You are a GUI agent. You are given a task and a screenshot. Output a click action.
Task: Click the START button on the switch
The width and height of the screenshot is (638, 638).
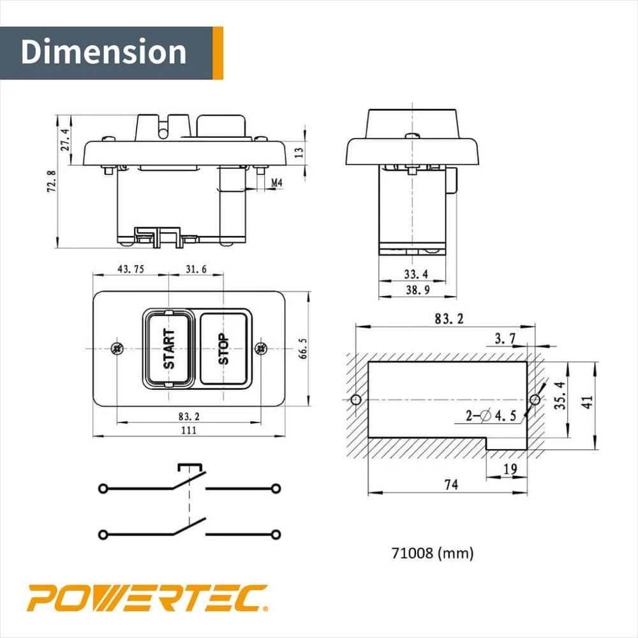pyautogui.click(x=168, y=348)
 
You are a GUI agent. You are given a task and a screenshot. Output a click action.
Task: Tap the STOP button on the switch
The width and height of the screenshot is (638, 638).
pyautogui.click(x=224, y=348)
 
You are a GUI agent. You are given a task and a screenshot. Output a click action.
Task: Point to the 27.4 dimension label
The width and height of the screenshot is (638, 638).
pyautogui.click(x=64, y=139)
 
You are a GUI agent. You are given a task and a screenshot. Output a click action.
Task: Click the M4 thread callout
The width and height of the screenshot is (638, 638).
pyautogui.click(x=276, y=183)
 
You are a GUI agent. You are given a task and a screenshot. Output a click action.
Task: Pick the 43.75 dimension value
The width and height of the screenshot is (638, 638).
pyautogui.click(x=130, y=269)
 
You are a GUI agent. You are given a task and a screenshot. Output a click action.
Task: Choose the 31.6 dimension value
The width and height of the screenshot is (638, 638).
pyautogui.click(x=195, y=269)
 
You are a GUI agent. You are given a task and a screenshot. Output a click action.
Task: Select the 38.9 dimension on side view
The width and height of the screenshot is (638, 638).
pyautogui.click(x=417, y=290)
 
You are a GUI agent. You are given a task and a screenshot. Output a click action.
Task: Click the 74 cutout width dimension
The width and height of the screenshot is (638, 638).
pyautogui.click(x=450, y=485)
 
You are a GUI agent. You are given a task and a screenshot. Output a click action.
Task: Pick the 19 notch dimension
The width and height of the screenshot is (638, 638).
pyautogui.click(x=510, y=470)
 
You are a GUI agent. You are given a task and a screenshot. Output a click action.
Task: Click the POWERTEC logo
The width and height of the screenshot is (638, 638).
pyautogui.click(x=147, y=598)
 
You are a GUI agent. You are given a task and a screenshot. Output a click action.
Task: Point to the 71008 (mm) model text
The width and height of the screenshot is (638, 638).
pyautogui.click(x=433, y=553)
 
